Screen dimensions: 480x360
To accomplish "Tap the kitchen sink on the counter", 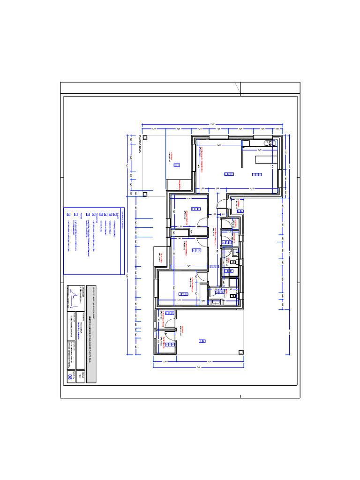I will pyautogui.click(x=267, y=143).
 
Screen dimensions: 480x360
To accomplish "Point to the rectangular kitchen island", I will pyautogui.click(x=265, y=160).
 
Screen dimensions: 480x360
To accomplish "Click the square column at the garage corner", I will pyautogui.click(x=240, y=352).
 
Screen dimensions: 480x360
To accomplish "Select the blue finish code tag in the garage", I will pyautogui.click(x=202, y=341).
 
